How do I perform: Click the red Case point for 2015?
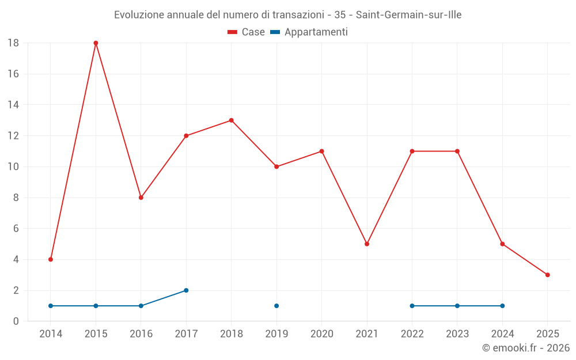(96, 43)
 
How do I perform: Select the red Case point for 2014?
(51, 259)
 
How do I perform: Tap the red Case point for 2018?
(231, 120)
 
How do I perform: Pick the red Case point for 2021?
(367, 244)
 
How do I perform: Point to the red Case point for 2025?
(547, 275)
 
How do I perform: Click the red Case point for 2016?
(141, 198)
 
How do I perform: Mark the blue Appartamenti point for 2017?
(186, 290)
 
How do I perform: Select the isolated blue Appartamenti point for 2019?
(276, 306)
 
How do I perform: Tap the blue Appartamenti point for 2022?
(412, 306)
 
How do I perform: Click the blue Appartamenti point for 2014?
(51, 306)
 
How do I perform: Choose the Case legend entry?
(247, 32)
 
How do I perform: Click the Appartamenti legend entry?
(309, 32)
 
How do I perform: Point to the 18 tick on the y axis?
(13, 43)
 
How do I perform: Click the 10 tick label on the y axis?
(13, 167)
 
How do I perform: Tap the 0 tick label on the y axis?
(16, 321)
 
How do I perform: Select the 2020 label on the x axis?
(321, 334)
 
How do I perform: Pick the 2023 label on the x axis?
(457, 334)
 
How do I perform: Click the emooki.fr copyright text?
(526, 348)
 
